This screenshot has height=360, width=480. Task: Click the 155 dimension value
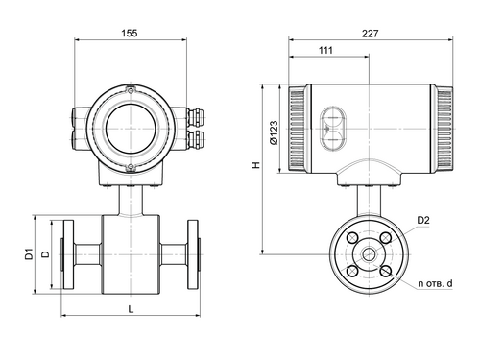130,33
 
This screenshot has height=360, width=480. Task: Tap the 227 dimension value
371,34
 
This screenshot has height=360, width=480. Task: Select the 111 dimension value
326,50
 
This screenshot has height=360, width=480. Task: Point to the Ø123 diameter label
274,132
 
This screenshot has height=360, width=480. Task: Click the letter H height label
256,165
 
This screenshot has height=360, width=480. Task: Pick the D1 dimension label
29,253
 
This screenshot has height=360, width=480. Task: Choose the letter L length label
131,309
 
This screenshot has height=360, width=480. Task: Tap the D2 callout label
423,220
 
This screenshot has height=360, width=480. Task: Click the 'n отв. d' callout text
435,283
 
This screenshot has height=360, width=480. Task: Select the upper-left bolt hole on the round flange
352,238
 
